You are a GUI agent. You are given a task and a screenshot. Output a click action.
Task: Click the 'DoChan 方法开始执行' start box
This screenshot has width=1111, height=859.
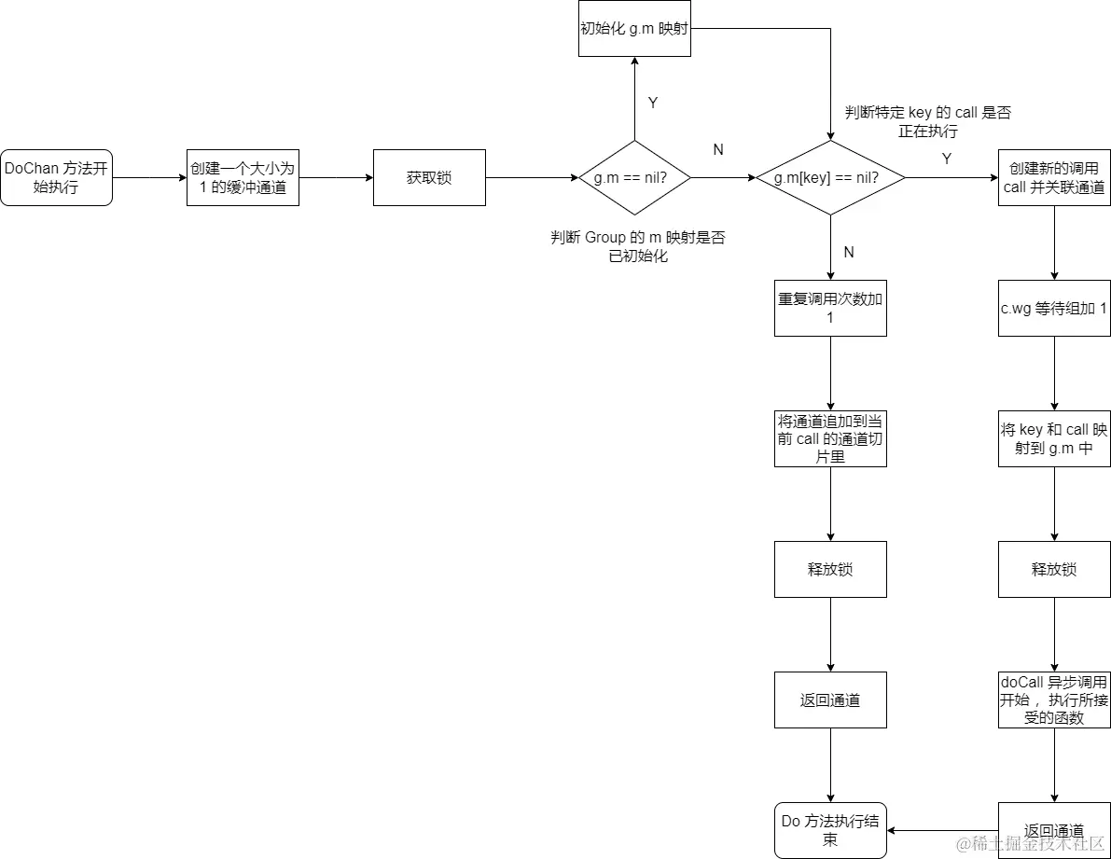56,177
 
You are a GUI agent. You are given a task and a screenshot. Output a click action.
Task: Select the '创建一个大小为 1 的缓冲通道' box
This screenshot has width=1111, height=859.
243,177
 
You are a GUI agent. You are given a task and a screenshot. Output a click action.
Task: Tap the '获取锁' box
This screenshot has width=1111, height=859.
429,177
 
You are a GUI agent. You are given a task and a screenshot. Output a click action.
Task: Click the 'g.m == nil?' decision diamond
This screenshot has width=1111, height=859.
634,177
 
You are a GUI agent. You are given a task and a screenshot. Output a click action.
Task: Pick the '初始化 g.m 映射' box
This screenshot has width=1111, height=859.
634,28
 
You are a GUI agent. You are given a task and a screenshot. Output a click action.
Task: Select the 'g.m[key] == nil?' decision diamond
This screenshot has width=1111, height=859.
830,177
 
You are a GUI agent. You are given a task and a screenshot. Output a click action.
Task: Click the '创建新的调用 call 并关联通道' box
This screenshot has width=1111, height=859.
1054,177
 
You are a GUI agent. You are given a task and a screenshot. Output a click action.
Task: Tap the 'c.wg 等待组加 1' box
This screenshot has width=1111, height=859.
1054,308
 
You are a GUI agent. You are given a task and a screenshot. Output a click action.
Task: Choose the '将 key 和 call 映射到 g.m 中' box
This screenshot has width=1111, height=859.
1054,438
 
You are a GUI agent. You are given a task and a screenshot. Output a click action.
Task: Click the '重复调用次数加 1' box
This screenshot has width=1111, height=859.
830,308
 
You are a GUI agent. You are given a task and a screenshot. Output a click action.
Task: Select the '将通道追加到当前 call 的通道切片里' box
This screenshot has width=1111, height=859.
830,438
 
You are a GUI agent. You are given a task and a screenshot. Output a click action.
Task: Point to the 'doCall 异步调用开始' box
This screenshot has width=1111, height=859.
1054,700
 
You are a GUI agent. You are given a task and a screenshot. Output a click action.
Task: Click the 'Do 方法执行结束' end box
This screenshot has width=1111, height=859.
830,830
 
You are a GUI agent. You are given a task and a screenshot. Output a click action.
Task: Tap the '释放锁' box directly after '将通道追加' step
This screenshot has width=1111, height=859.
830,569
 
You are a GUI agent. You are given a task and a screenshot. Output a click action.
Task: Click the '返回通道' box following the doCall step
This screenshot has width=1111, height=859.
1054,830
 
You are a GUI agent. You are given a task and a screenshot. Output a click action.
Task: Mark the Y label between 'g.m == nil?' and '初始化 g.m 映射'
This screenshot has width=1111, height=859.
653,104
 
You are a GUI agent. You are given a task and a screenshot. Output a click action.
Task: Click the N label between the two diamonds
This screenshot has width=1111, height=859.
718,149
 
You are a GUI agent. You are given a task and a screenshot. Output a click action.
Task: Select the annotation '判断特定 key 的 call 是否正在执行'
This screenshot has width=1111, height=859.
927,122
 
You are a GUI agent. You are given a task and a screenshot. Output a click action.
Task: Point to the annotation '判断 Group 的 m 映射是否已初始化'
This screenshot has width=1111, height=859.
638,246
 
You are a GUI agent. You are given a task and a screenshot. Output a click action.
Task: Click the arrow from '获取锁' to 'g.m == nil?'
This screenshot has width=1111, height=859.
532,177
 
